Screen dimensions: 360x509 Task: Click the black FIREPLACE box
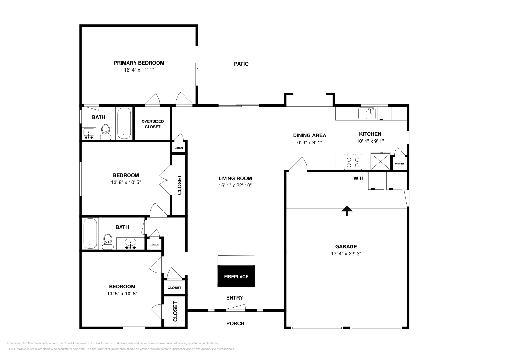[x=236, y=276]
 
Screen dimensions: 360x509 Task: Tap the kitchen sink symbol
[x=367, y=114]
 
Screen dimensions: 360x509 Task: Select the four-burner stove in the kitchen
[x=353, y=162]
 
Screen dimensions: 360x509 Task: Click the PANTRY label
[x=400, y=164]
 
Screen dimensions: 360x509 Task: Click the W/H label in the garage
[x=359, y=178]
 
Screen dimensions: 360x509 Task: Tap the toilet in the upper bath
[x=106, y=132]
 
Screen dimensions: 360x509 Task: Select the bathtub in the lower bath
[x=90, y=233]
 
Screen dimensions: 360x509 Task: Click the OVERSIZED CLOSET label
[x=153, y=124]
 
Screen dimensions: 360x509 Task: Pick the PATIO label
[x=241, y=64]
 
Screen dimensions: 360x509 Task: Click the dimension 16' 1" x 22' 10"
[x=235, y=186]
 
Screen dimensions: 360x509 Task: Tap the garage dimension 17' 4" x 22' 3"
[x=346, y=254]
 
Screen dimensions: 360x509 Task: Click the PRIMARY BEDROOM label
[x=139, y=63]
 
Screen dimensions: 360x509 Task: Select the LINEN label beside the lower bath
[x=154, y=245]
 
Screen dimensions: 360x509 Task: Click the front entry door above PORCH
[x=236, y=308]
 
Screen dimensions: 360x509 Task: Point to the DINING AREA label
[x=310, y=135]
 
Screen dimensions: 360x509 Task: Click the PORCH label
[x=235, y=323]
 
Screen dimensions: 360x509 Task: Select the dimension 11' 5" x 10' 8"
[x=122, y=294]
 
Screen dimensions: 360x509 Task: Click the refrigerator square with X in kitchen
[x=380, y=162]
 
